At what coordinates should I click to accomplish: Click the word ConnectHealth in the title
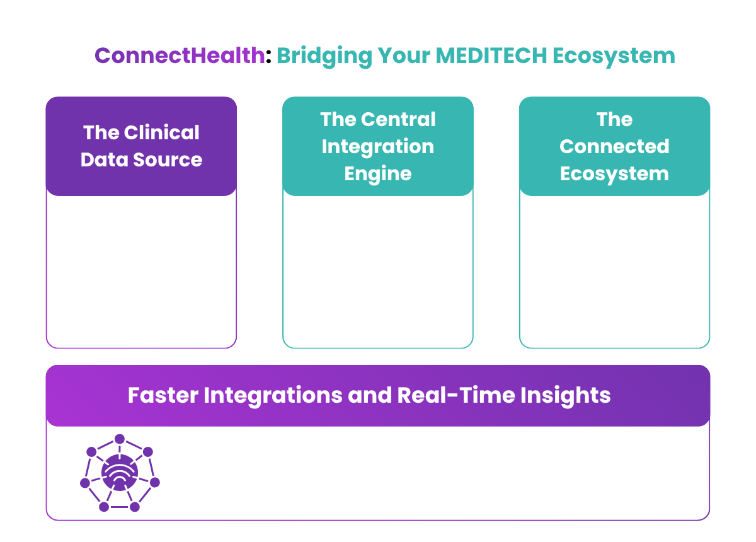pos(180,55)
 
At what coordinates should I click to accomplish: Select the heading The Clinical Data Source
pos(141,146)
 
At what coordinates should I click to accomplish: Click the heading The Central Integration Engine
pos(377,146)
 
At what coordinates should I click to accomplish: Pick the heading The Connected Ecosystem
pos(614,146)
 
